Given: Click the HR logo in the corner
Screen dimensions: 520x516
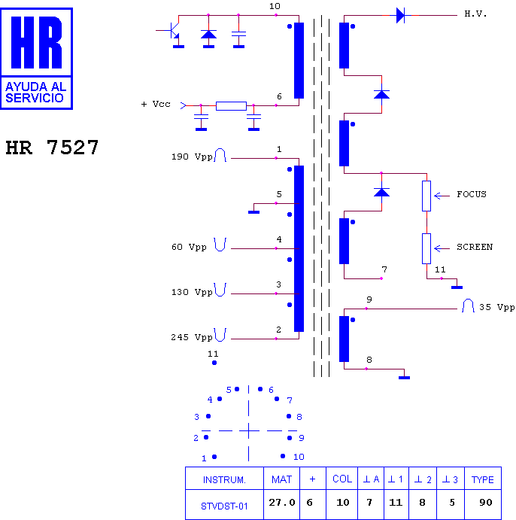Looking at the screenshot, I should (x=38, y=58).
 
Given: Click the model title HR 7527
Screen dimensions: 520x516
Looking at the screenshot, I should (x=52, y=147).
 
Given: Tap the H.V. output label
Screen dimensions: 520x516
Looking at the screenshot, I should (x=475, y=14).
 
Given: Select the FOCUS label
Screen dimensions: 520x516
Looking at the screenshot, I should (x=472, y=194).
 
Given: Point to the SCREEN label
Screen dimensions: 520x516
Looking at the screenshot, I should (x=475, y=247).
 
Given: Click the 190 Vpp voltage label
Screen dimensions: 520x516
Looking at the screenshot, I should (x=192, y=157).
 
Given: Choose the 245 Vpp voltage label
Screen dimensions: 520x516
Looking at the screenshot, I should (x=192, y=338).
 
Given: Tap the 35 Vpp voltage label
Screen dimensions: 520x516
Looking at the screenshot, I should (x=496, y=308).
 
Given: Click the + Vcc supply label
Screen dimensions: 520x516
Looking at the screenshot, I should (x=156, y=105).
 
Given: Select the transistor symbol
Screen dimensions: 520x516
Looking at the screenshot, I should (x=172, y=31).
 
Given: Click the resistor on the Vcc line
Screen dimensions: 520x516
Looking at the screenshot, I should (x=231, y=105).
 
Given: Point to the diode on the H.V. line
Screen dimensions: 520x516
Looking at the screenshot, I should (x=400, y=14).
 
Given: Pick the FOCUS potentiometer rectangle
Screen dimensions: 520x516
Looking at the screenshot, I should (x=426, y=195).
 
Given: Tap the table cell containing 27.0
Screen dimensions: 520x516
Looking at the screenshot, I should (x=282, y=503).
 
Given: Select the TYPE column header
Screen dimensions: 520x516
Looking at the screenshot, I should (x=482, y=479).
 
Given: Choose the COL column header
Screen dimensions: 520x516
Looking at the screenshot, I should (x=342, y=479).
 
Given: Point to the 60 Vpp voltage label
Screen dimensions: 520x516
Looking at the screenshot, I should (x=189, y=248).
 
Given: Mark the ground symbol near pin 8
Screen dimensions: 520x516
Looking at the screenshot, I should (x=404, y=376).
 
